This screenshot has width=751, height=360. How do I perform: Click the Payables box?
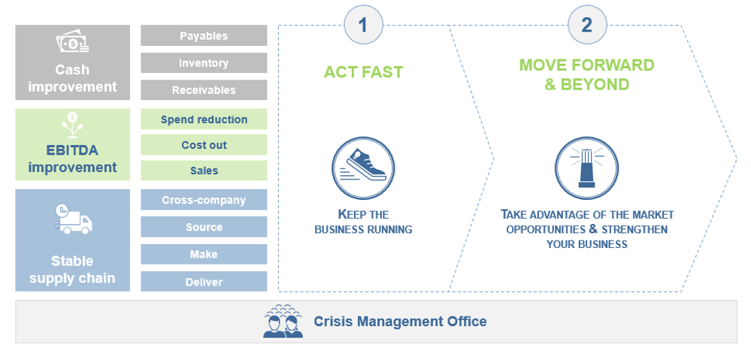204,35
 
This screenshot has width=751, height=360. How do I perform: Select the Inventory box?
204,62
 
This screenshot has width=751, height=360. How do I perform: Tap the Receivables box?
204,90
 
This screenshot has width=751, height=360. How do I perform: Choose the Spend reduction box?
204,119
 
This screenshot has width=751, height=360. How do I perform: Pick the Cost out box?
204,144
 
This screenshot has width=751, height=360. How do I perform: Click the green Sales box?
204,171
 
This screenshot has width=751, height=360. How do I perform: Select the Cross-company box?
204,200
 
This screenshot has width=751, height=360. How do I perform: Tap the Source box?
204,227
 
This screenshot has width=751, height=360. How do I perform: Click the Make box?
204,254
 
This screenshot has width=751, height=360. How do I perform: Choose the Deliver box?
204,282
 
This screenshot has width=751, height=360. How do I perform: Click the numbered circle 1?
364,25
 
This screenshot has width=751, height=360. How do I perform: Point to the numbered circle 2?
587,25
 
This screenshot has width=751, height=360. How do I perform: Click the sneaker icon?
363,168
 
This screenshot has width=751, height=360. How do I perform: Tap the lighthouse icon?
586,168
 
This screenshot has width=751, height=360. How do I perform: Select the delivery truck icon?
72,219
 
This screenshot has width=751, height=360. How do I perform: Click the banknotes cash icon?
72,42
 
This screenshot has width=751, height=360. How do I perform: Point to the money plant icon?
72,125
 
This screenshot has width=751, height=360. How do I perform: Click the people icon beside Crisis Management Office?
283,321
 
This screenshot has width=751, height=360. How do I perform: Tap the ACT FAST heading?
364,72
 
